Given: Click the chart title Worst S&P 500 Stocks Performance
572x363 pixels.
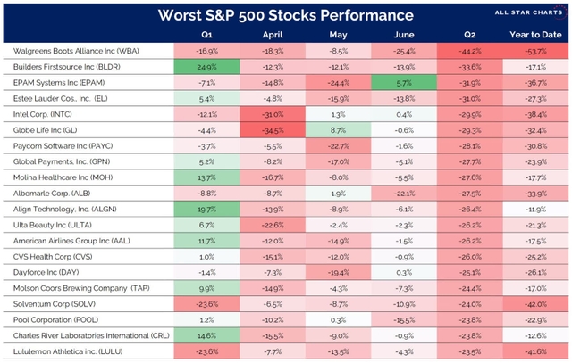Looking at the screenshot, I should (285, 16).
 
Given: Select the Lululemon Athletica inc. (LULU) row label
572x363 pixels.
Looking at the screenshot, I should (68, 352).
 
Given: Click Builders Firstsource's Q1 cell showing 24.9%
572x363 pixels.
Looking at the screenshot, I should (206, 69).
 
